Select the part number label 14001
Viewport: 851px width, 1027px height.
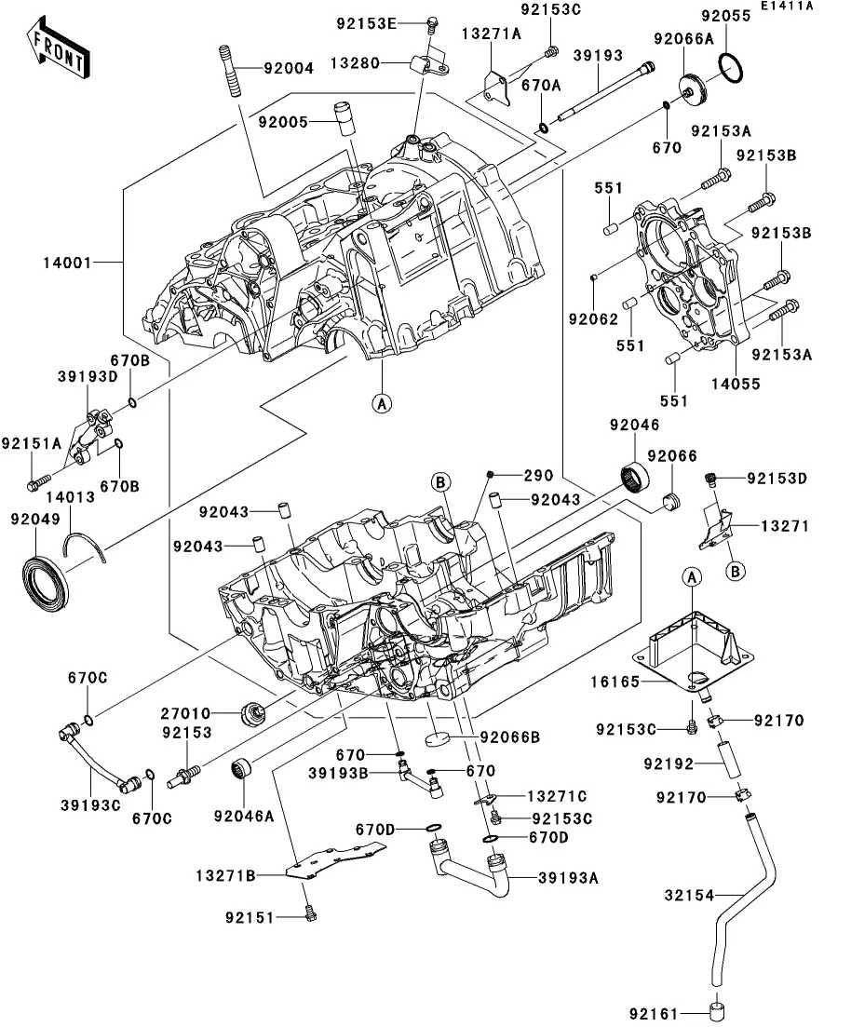tap(66, 264)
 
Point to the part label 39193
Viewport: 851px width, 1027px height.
tap(597, 56)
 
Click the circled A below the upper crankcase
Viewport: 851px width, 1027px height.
tap(381, 403)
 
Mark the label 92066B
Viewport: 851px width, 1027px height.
tap(510, 738)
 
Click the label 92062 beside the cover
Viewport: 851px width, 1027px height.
tap(594, 318)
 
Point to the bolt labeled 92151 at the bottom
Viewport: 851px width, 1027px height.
tap(249, 917)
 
